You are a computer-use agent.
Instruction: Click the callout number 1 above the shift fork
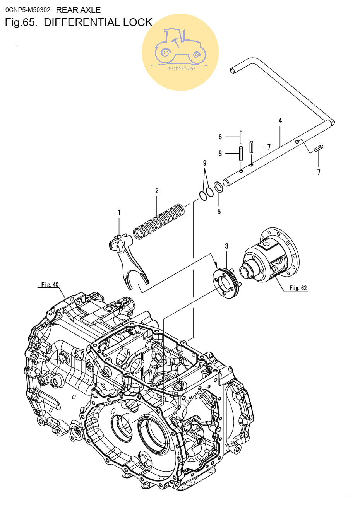pyautogui.click(x=119, y=213)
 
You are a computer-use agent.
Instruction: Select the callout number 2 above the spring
pyautogui.click(x=157, y=191)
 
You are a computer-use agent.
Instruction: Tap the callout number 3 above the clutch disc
pyautogui.click(x=226, y=246)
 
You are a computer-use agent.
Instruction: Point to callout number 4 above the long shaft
pyautogui.click(x=280, y=121)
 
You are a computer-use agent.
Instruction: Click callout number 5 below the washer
pyautogui.click(x=219, y=212)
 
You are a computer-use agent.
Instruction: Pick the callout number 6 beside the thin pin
pyautogui.click(x=220, y=137)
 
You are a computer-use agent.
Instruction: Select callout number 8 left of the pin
pyautogui.click(x=220, y=153)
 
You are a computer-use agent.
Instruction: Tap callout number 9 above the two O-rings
pyautogui.click(x=204, y=163)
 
